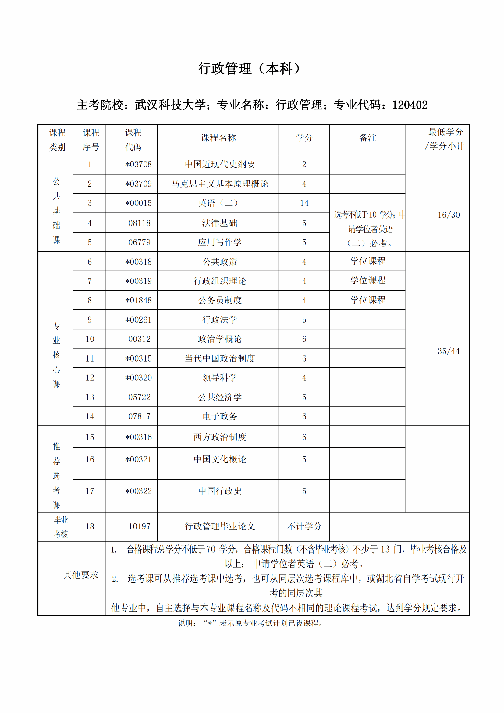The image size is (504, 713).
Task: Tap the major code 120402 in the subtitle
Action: click(410, 105)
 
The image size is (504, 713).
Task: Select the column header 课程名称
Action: click(218, 137)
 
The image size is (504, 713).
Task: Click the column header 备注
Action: click(368, 137)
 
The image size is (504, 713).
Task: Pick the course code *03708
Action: click(138, 164)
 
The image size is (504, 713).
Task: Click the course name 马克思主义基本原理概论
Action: click(220, 184)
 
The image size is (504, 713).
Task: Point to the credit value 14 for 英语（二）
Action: click(304, 203)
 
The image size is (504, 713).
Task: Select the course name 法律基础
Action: click(220, 223)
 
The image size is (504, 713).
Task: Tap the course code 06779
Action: click(139, 242)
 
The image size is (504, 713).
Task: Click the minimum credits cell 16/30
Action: click(449, 215)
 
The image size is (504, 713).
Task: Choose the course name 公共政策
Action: click(220, 262)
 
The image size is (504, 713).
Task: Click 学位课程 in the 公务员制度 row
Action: click(368, 300)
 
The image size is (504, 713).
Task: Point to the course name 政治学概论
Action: click(220, 339)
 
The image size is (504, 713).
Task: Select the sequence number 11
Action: click(90, 358)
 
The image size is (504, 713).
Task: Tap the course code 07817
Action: click(139, 416)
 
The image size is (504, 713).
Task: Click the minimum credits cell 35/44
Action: click(449, 351)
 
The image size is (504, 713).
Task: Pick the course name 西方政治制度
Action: click(220, 437)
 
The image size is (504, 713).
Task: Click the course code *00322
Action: click(138, 491)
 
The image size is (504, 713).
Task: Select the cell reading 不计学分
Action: click(304, 526)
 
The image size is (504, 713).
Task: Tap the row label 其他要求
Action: click(81, 575)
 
